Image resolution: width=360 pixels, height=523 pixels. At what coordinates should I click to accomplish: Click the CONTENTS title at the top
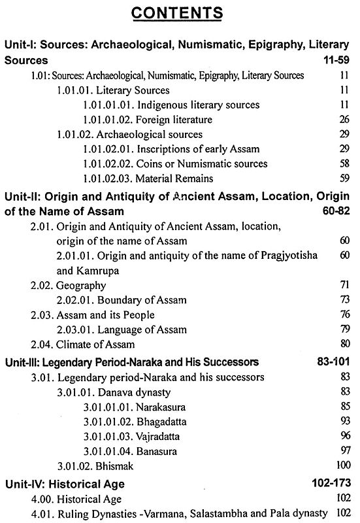(180, 13)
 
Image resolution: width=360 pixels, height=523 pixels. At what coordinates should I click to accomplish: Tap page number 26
(344, 120)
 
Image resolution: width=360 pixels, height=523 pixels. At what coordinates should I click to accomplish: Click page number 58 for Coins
(344, 163)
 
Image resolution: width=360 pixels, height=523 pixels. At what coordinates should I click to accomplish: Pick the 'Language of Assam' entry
(144, 329)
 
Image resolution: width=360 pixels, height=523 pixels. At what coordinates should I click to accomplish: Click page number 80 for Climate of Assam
(344, 344)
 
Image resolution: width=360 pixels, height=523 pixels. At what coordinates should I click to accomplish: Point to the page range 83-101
(333, 362)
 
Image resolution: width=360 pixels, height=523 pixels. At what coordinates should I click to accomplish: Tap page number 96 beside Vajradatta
(344, 435)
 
